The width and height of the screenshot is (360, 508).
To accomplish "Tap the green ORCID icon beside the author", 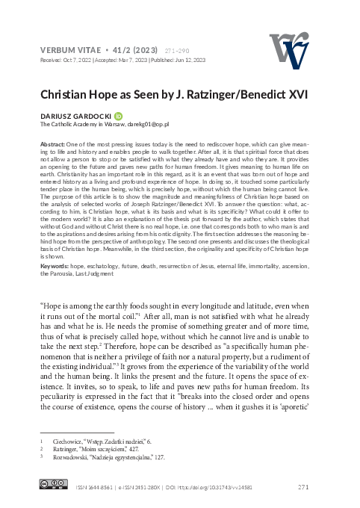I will pyautogui.click(x=119, y=117).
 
